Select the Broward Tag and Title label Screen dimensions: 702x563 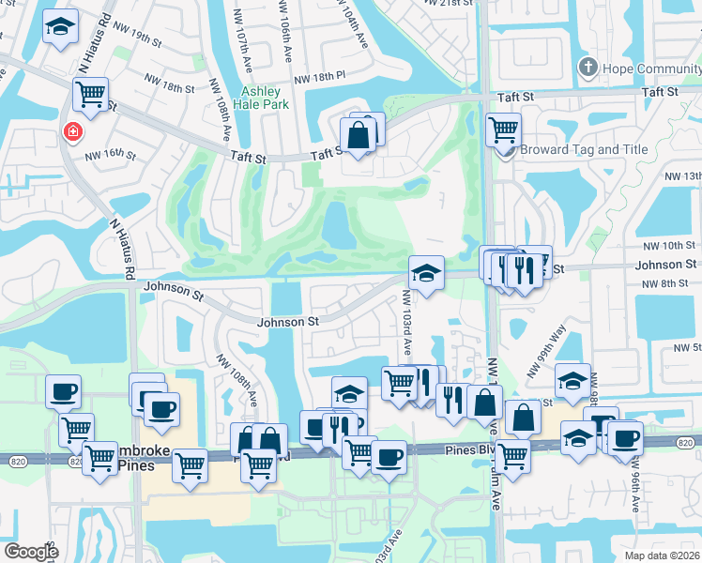coord(596,149)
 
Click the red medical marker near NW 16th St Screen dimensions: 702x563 coord(71,132)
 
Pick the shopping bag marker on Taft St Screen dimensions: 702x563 coord(358,134)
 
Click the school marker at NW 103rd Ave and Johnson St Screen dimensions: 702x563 coord(426,274)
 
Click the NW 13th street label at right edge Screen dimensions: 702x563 coord(682,175)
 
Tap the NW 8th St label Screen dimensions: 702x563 coord(675,283)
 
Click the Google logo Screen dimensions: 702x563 coord(31,552)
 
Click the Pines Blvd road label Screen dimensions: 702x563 coord(466,451)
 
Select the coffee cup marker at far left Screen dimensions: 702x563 coord(63,390)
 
